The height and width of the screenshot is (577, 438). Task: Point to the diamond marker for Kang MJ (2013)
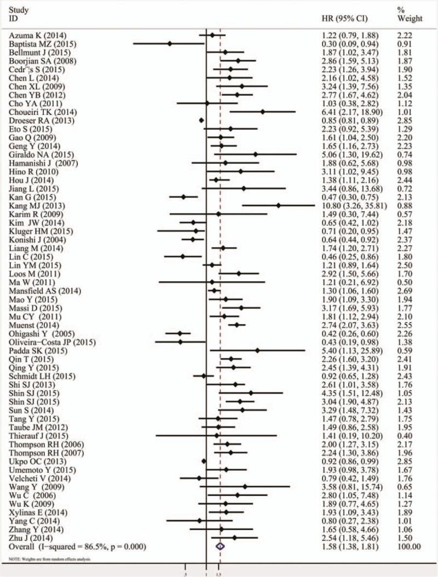click(x=279, y=206)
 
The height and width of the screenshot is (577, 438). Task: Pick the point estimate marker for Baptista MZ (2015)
click(x=170, y=43)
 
